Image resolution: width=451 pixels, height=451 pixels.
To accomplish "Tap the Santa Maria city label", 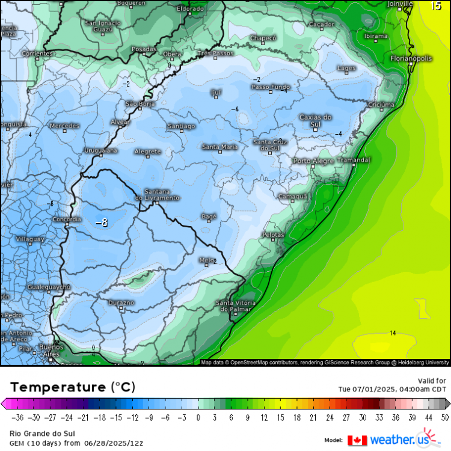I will pyautogui.click(x=219, y=147).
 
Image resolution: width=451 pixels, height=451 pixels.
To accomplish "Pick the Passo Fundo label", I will pyautogui.click(x=269, y=87).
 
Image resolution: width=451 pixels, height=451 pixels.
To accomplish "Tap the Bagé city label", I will pyautogui.click(x=209, y=216).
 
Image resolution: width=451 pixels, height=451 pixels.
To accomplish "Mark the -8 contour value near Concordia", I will pyautogui.click(x=102, y=222).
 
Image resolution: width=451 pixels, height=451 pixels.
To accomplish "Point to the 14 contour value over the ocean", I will pyautogui.click(x=393, y=333).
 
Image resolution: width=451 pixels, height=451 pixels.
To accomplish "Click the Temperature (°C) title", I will pyautogui.click(x=73, y=386).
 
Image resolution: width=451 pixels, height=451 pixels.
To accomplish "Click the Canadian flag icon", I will pyautogui.click(x=357, y=440).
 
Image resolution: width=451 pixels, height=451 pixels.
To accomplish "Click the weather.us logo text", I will pyautogui.click(x=395, y=440).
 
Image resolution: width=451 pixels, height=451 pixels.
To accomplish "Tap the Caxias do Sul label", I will pyautogui.click(x=316, y=121).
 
